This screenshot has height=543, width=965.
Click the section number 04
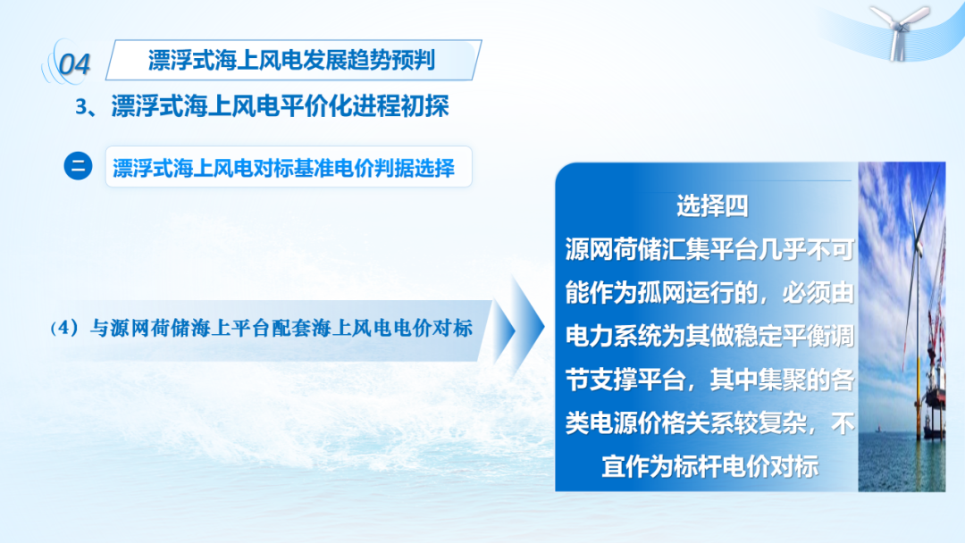74,64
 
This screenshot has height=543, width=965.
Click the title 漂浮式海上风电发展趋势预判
291,60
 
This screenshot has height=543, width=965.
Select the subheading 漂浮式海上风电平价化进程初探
280,106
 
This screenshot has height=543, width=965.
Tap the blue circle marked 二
78,166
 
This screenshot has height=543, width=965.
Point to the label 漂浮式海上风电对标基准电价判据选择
284,168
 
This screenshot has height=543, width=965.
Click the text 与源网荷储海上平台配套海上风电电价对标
281,329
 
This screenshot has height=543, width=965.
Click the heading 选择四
712,206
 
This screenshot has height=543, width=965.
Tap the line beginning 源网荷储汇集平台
709,250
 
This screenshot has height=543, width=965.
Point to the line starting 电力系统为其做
709,337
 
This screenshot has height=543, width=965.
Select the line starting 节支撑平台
709,380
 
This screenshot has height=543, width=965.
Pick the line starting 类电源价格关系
709,423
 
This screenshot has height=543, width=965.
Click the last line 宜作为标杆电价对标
709,467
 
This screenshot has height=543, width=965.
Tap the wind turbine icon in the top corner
900,32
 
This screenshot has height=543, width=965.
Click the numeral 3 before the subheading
81,107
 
